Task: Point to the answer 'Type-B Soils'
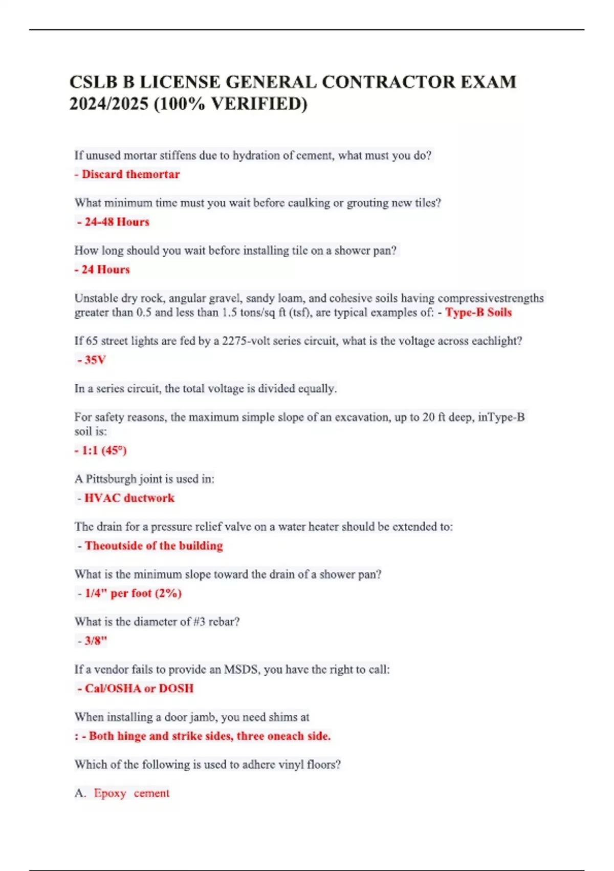pos(478,313)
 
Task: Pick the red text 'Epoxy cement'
pos(131,793)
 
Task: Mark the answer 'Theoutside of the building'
pos(153,546)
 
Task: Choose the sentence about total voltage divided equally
pos(205,388)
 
